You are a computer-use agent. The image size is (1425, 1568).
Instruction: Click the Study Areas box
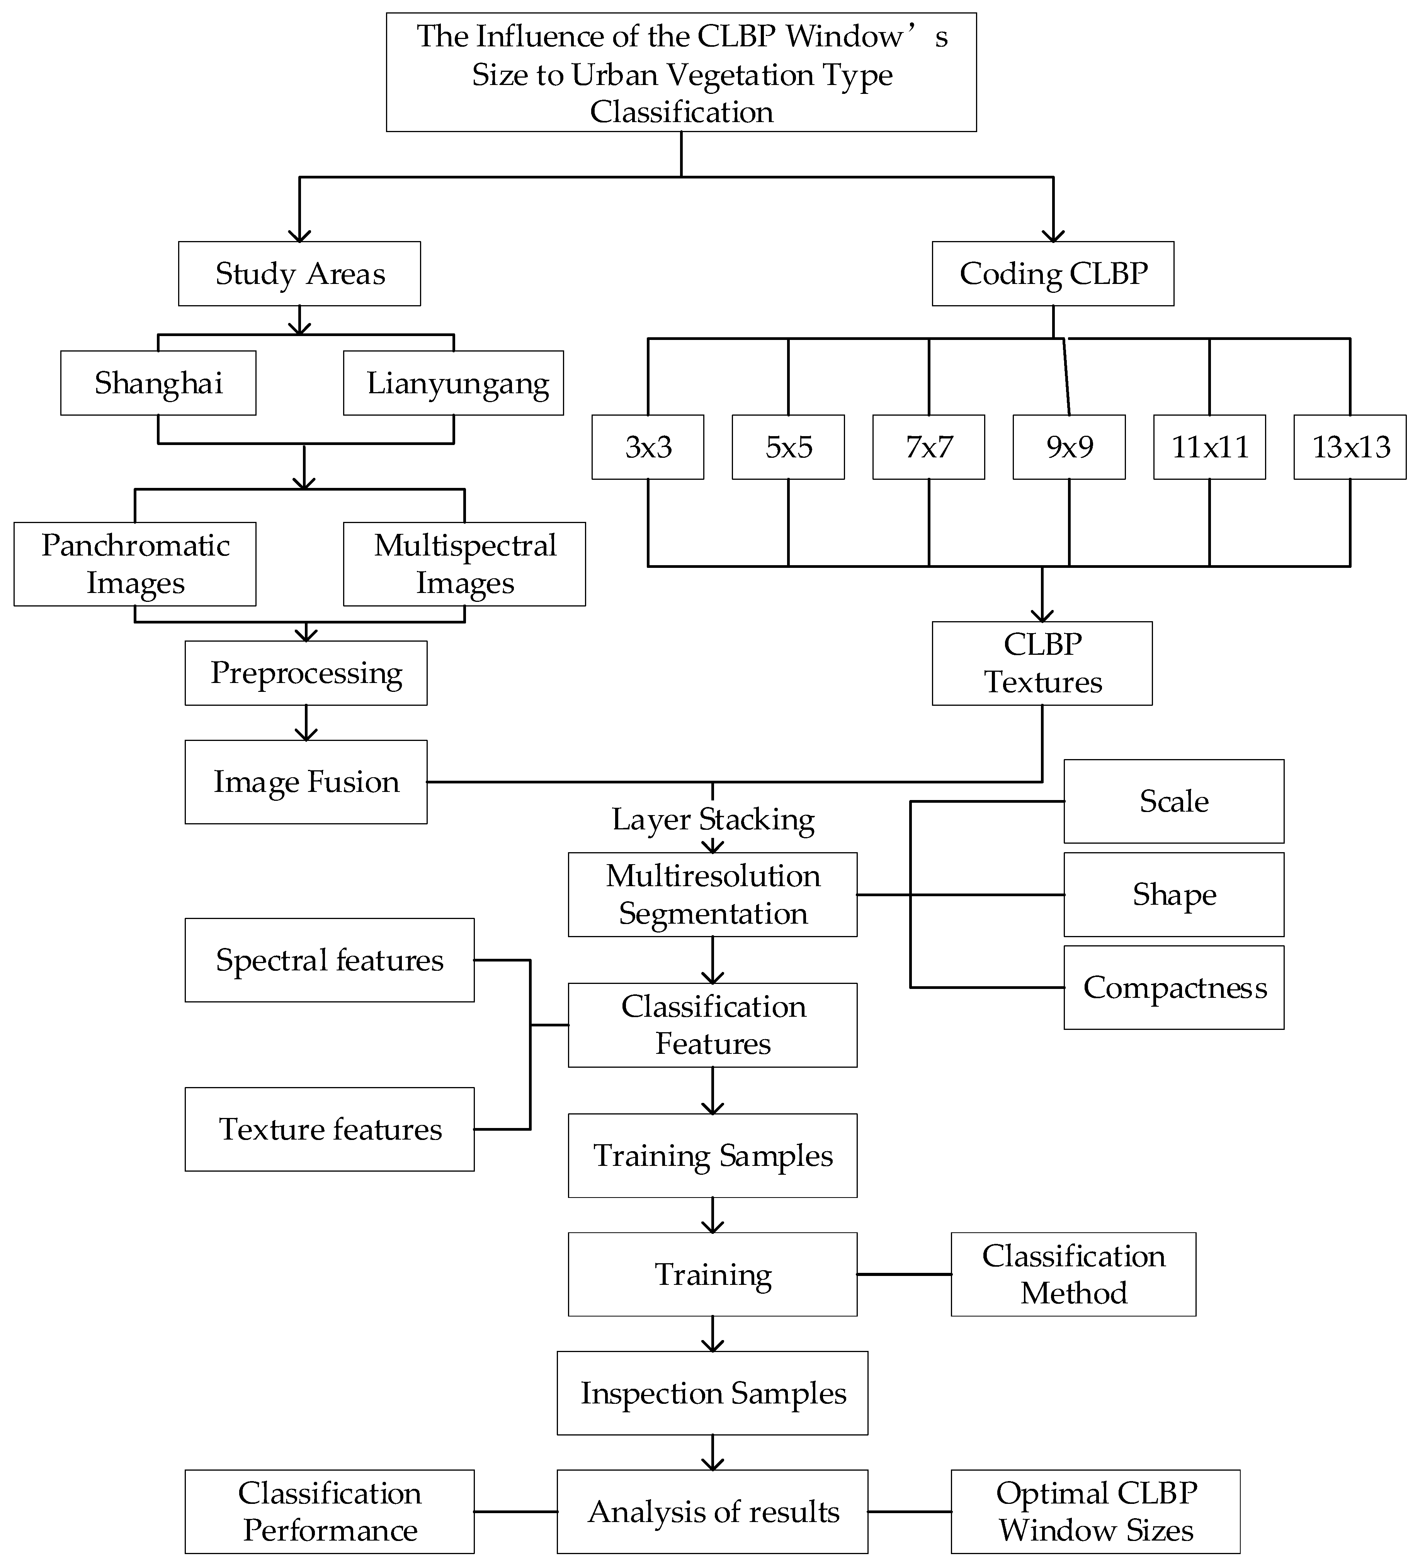click(299, 274)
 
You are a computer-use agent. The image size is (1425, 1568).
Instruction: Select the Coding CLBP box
click(1053, 274)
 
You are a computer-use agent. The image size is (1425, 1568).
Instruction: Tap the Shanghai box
click(158, 383)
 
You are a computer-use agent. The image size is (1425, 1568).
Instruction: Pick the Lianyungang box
click(454, 383)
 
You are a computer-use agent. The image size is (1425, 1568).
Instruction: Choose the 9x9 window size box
click(1069, 447)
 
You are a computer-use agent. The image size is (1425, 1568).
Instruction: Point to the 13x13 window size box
click(1350, 447)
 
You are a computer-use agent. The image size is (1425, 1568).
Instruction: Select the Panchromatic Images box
click(134, 564)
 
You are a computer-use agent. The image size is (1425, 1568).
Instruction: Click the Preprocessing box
click(306, 673)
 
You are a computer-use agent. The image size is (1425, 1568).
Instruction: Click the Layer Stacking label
click(712, 819)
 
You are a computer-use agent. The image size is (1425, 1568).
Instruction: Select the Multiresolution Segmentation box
click(712, 894)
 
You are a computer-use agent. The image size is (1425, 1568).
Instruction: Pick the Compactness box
click(1174, 988)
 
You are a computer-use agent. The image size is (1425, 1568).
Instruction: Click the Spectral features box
click(329, 960)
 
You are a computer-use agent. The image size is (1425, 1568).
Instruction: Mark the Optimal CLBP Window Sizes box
click(1095, 1511)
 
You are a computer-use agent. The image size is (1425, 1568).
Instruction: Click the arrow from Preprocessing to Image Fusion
click(306, 723)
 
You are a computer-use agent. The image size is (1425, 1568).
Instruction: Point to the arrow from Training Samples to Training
click(712, 1215)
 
